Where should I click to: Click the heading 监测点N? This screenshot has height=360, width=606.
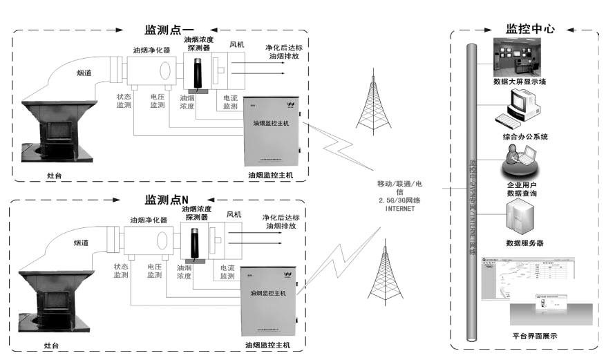tap(166, 200)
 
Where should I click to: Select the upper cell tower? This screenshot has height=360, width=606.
tap(372, 103)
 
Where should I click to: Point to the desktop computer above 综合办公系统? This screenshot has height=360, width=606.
tap(517, 109)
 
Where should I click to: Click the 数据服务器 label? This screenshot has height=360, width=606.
tap(525, 243)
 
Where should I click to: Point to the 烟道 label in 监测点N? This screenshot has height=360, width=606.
tap(84, 243)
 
